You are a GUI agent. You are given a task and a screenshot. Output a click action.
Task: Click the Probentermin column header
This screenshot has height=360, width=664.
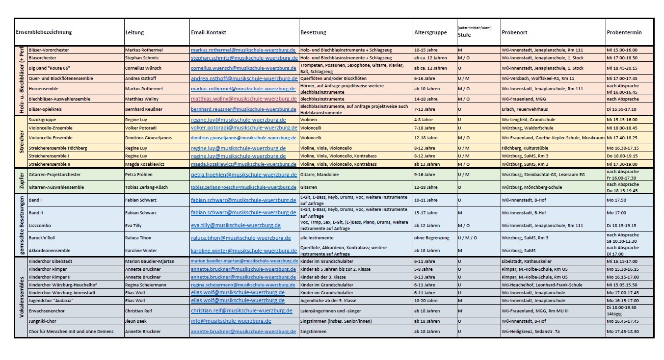pyautogui.click(x=624, y=32)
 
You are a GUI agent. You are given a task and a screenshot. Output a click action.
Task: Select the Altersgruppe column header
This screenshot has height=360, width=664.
pyautogui.click(x=430, y=32)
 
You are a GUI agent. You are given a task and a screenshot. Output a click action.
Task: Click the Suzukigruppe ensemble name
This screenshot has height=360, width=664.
pyautogui.click(x=42, y=120)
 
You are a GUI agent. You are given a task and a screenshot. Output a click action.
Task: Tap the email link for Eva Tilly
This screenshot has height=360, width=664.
pyautogui.click(x=236, y=225)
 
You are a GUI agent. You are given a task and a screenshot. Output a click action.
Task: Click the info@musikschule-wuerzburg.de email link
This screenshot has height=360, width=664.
pyautogui.click(x=231, y=321)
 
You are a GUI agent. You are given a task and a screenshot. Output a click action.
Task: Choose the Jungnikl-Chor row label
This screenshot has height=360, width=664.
pyautogui.click(x=43, y=321)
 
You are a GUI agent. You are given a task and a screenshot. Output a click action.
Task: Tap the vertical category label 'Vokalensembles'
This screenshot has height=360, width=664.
pyautogui.click(x=21, y=297)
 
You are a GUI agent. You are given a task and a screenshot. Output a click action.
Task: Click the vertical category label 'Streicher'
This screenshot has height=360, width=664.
pyautogui.click(x=21, y=141)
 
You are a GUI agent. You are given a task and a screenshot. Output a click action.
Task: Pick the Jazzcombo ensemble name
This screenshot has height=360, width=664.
pyautogui.click(x=40, y=225)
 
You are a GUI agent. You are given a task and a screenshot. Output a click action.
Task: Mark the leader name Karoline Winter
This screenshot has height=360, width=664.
pyautogui.click(x=141, y=251)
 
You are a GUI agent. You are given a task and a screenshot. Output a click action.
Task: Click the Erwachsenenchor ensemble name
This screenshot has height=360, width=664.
pyautogui.click(x=47, y=311)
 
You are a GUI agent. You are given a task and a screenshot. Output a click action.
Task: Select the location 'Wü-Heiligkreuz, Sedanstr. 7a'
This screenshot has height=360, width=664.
pyautogui.click(x=531, y=332)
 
